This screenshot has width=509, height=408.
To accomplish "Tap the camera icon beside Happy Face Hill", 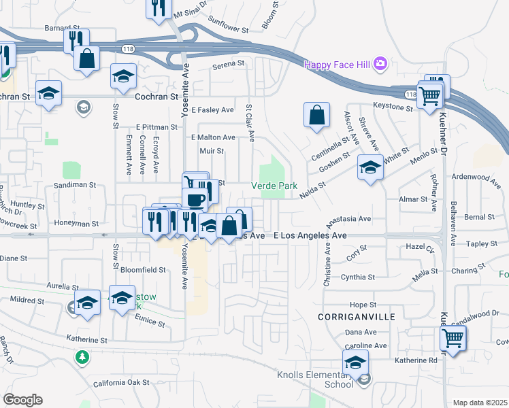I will (x=380, y=65).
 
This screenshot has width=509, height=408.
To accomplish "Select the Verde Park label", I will (x=274, y=185).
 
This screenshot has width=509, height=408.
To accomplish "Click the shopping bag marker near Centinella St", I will (x=317, y=116).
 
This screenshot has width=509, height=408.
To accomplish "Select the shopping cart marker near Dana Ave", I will (x=453, y=337).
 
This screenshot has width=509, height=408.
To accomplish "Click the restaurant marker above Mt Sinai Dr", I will (x=159, y=8).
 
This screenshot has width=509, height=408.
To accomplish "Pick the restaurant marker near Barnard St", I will (x=76, y=40).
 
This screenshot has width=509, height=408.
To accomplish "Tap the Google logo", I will (x=22, y=400).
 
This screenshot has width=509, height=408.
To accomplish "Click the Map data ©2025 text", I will (x=480, y=403).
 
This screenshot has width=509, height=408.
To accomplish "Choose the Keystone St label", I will (x=393, y=107).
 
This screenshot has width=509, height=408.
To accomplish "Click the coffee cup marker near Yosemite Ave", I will (x=196, y=199).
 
